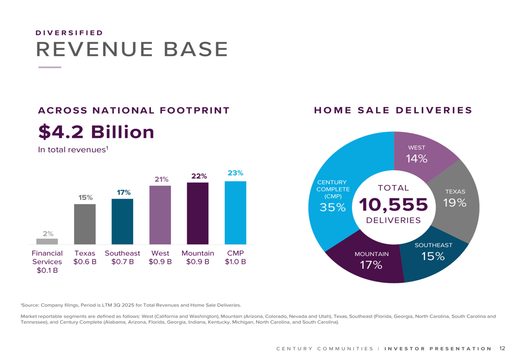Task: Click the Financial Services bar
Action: [x=47, y=241]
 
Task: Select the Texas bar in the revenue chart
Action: [x=85, y=224]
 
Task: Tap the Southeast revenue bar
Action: [x=122, y=221]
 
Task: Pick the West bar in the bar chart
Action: [x=160, y=215]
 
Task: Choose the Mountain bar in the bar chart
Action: [x=198, y=213]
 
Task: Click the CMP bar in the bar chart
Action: [x=235, y=212]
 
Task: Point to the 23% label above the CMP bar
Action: [x=235, y=173]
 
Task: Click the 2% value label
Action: [x=47, y=233]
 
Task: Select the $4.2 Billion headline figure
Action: [x=96, y=132]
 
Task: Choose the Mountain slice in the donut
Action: [x=368, y=263]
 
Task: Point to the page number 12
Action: [x=502, y=348]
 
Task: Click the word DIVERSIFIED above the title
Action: [x=69, y=33]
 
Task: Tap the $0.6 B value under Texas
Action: [x=85, y=262]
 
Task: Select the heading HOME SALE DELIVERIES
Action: [x=393, y=110]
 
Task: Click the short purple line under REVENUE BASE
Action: [x=50, y=67]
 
